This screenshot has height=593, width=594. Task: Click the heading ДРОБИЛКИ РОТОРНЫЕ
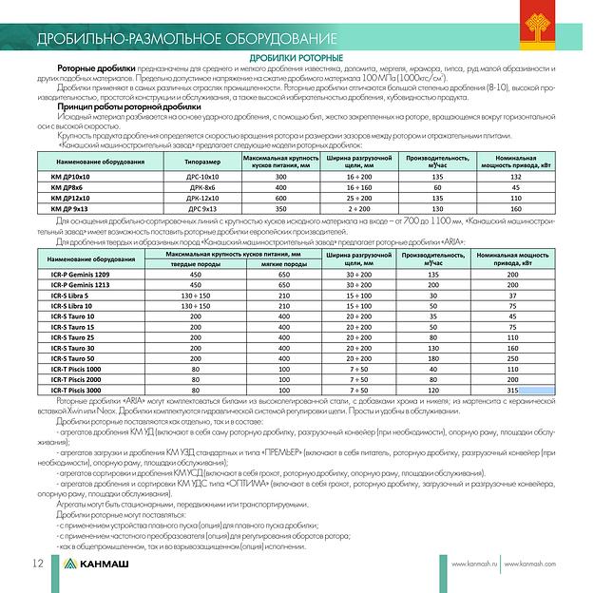tap(297, 60)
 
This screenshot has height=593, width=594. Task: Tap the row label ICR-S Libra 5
tap(72, 296)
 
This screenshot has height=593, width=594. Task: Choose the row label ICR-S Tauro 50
tap(75, 358)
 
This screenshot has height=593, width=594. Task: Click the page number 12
tap(38, 564)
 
